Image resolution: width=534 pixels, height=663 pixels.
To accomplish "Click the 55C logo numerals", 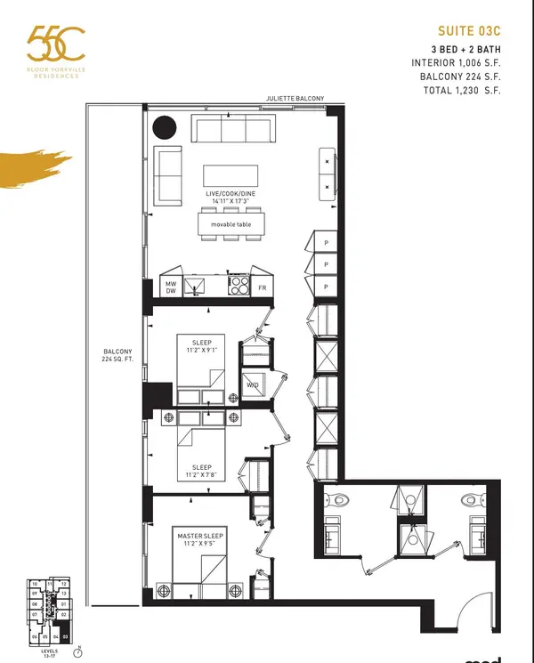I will pyautogui.click(x=55, y=44).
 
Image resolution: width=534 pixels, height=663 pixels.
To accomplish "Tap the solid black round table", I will pyautogui.click(x=165, y=128).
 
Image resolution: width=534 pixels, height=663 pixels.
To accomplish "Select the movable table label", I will pyautogui.click(x=231, y=224).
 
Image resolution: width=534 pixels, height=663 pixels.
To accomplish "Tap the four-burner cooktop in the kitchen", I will pyautogui.click(x=239, y=285).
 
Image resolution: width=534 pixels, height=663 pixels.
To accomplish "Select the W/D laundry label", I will pyautogui.click(x=253, y=385).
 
